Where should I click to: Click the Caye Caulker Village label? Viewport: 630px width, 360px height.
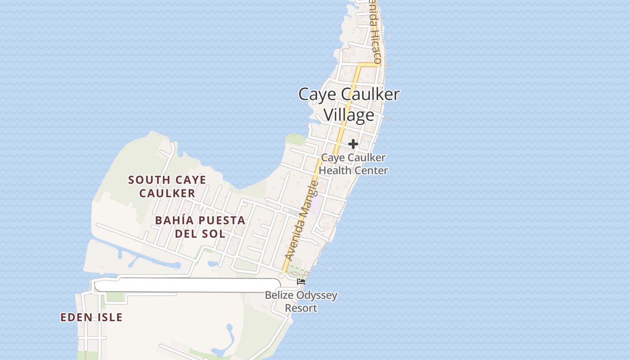[349, 104]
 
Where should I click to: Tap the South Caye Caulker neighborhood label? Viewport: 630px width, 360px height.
[167, 186]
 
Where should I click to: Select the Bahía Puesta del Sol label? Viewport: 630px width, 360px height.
[200, 227]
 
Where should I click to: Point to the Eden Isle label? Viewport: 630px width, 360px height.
[91, 317]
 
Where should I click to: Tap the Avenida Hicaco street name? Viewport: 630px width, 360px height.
[376, 36]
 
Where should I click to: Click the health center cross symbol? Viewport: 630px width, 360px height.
[353, 144]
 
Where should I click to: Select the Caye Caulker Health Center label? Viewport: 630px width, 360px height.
[353, 164]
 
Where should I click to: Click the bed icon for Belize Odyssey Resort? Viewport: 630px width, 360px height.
[301, 282]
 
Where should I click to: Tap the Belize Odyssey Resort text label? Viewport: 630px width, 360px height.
[301, 302]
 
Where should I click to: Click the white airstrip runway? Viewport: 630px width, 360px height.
[187, 285]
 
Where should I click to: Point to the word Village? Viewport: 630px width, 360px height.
[349, 115]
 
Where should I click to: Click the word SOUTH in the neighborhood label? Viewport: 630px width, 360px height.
[144, 180]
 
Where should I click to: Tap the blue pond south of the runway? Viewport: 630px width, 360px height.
[229, 335]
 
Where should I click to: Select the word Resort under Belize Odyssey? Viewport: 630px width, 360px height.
[301, 308]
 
